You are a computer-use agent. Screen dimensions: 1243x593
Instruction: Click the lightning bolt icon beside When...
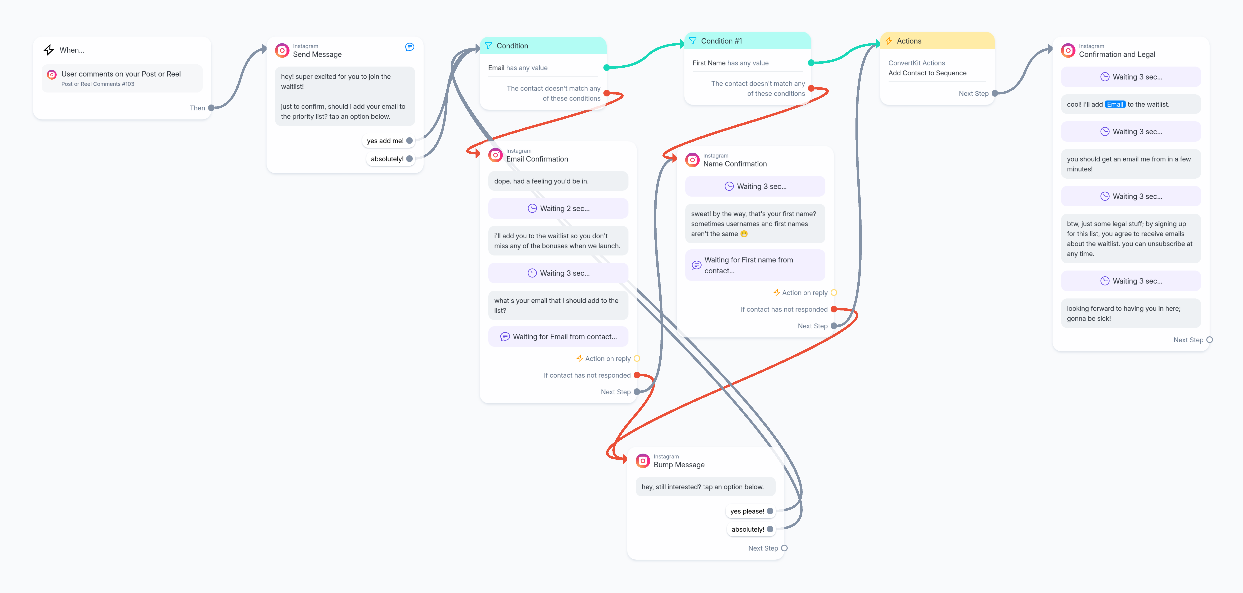click(x=49, y=50)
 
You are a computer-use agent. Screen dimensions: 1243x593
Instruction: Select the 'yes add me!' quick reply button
click(x=388, y=141)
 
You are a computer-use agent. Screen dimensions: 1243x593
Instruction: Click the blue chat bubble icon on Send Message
click(x=410, y=47)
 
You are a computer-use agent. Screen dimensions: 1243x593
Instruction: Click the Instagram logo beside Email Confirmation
click(x=496, y=155)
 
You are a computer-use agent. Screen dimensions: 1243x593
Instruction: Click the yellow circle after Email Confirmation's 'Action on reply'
click(x=637, y=358)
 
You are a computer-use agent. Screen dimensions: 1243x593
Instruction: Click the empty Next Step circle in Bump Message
click(x=784, y=548)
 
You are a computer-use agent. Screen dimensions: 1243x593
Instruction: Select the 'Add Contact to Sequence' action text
click(x=927, y=73)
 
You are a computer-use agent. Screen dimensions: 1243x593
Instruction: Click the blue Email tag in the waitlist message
click(x=1115, y=104)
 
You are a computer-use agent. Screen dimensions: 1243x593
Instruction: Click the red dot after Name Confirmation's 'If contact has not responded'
click(x=834, y=309)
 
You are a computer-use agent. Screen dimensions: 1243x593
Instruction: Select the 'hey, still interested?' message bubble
click(x=705, y=487)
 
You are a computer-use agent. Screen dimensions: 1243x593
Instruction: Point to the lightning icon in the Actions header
click(x=888, y=41)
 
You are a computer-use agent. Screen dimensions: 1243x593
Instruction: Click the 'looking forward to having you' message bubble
click(x=1131, y=313)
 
